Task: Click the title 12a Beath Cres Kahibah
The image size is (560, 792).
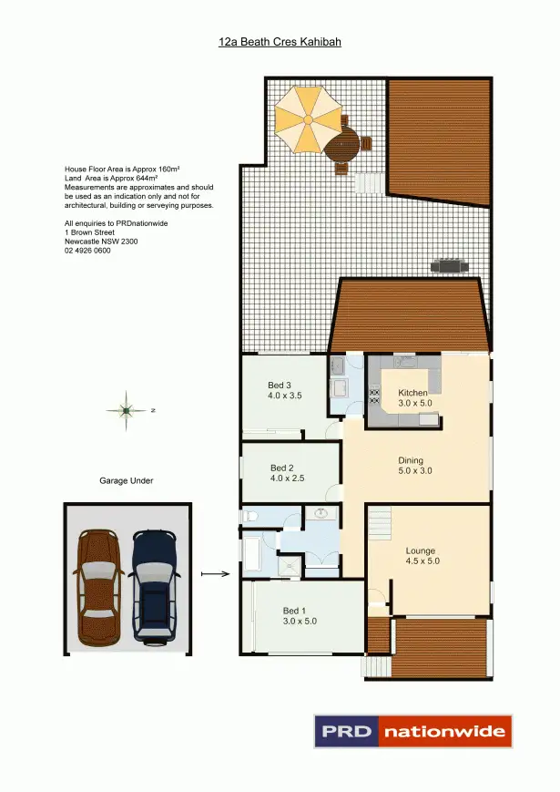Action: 280,42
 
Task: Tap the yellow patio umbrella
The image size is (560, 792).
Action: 307,118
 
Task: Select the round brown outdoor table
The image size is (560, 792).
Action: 345,144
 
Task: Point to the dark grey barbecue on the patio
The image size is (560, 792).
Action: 450,265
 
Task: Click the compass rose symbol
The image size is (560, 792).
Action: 125,411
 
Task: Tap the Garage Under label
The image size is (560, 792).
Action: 127,480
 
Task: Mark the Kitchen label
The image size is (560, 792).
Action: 412,397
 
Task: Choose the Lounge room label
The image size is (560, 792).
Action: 421,556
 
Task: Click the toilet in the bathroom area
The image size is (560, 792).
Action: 252,516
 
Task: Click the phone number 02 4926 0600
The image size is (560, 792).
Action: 87,251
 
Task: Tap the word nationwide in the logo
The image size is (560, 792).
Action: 444,731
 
